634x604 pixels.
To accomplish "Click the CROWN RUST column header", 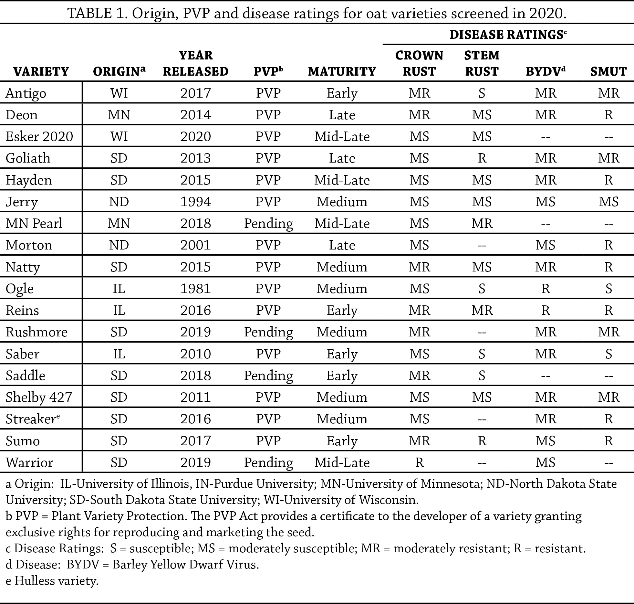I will click(x=419, y=63).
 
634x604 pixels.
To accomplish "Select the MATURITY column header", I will click(x=342, y=71).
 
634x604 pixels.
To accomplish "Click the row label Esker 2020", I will click(x=39, y=136).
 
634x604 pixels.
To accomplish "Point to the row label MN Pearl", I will click(x=34, y=223).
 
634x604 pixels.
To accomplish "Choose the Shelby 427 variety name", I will click(x=39, y=397).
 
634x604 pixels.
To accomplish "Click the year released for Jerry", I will click(x=195, y=202).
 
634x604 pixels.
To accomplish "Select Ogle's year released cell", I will click(x=195, y=289).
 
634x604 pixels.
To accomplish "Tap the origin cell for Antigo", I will click(x=119, y=93).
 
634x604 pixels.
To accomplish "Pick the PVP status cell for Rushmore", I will click(x=268, y=332).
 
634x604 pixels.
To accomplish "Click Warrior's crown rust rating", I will click(x=419, y=462).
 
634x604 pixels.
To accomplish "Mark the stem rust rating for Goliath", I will click(x=482, y=158).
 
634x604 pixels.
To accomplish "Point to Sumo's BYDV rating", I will click(x=546, y=441).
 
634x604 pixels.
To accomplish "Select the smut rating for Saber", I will click(x=608, y=354).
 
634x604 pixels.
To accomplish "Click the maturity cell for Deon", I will click(x=342, y=115).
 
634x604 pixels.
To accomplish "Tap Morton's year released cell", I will click(x=195, y=245).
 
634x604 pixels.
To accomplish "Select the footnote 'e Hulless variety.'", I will click(x=52, y=581).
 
